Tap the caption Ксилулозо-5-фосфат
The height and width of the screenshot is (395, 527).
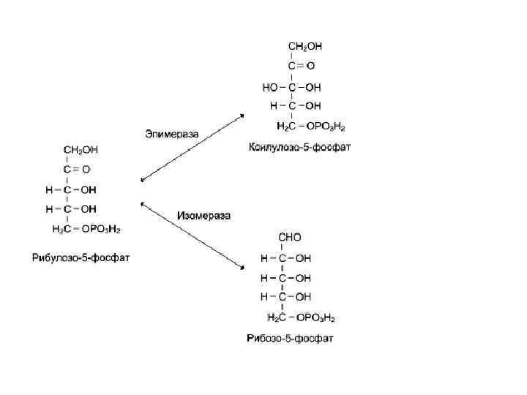pyautogui.click(x=300, y=147)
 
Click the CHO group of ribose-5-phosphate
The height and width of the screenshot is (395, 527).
pyautogui.click(x=290, y=238)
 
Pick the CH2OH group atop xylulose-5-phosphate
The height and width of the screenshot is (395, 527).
pyautogui.click(x=304, y=45)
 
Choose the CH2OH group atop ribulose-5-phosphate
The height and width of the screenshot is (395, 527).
pyautogui.click(x=81, y=149)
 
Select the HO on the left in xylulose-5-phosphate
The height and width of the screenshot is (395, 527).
pyautogui.click(x=270, y=87)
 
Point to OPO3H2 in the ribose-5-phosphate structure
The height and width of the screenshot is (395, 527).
pyautogui.click(x=315, y=317)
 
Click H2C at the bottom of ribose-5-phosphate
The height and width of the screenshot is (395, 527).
pyautogui.click(x=277, y=317)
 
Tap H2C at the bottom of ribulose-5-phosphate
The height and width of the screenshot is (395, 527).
pyautogui.click(x=61, y=229)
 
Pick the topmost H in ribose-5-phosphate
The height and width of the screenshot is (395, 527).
pyautogui.click(x=264, y=258)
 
